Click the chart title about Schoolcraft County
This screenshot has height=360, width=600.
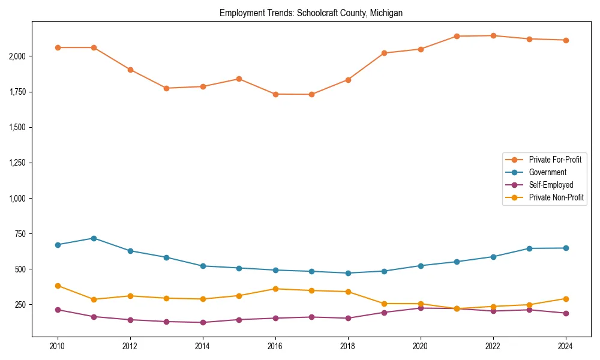pyautogui.click(x=311, y=13)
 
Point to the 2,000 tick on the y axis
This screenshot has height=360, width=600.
pyautogui.click(x=16, y=56)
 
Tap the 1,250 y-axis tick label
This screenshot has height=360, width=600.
pyautogui.click(x=16, y=163)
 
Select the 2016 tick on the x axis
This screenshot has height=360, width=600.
pyautogui.click(x=275, y=346)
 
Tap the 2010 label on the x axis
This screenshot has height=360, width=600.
pyautogui.click(x=58, y=346)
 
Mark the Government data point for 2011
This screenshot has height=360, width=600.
pyautogui.click(x=94, y=238)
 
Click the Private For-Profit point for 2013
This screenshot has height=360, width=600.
pyautogui.click(x=166, y=88)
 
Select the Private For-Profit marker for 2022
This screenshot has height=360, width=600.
pyautogui.click(x=493, y=35)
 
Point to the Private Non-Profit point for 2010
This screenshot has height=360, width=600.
pyautogui.click(x=58, y=286)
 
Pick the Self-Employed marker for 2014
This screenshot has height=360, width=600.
pyautogui.click(x=203, y=322)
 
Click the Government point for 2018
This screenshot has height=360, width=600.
pyautogui.click(x=348, y=273)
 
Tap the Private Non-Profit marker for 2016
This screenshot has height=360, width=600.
pyautogui.click(x=275, y=289)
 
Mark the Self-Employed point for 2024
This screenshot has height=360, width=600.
pyautogui.click(x=565, y=313)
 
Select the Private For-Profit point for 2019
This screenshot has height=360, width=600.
pyautogui.click(x=384, y=53)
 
